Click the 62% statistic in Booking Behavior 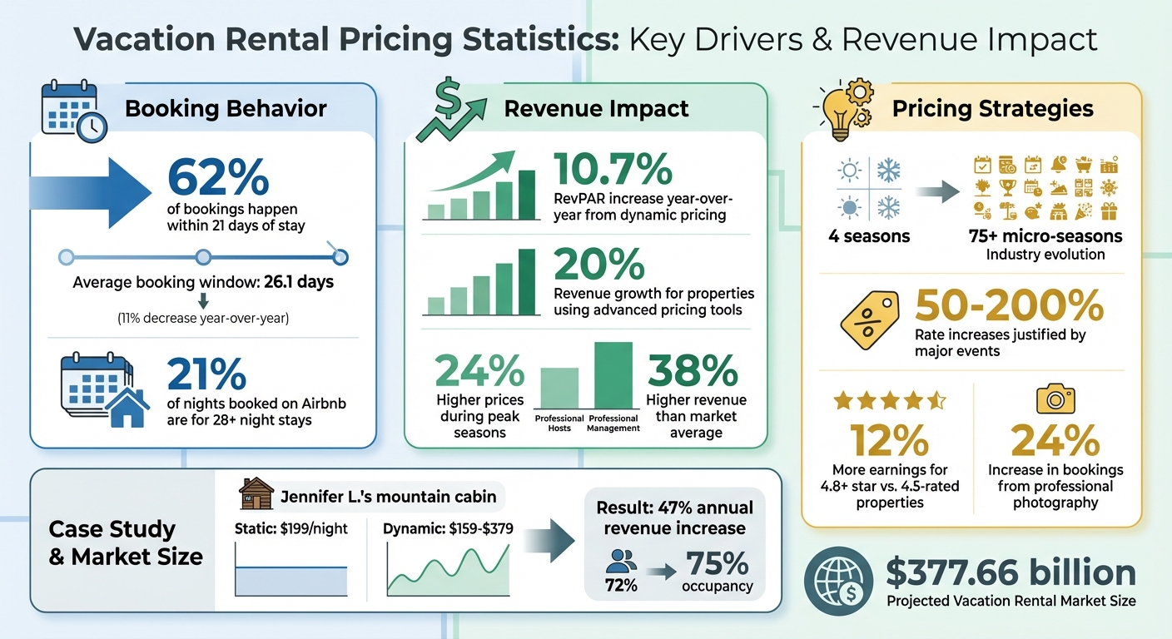tap(218, 176)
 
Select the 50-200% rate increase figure tap(1009, 307)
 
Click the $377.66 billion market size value tap(1011, 573)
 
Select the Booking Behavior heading tap(226, 108)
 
